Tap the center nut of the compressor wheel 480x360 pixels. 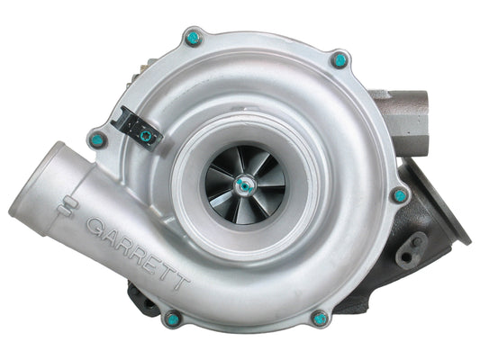pos(243,184)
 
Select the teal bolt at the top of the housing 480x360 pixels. pos(191,39)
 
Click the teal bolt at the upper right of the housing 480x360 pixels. pos(340,60)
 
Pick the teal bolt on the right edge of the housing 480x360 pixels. pos(399,194)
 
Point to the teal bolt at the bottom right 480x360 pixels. pos(319,317)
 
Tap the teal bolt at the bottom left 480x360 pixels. pos(170,318)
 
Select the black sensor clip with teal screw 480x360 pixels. pos(140,133)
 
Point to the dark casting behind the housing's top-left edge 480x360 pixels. pos(144,72)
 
